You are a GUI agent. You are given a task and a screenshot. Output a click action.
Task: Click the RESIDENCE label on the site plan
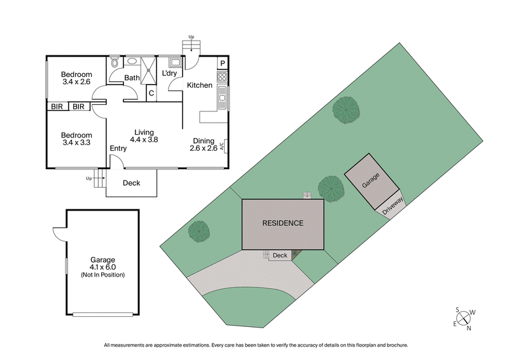283,223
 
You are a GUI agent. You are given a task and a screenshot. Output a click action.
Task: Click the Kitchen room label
199,85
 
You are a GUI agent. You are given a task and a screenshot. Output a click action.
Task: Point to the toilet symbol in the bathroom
114,63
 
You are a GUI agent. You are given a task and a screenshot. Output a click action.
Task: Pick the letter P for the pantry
222,63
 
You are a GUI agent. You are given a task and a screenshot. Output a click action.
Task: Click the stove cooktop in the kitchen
222,78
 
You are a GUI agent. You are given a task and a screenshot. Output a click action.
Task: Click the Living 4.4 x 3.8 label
144,136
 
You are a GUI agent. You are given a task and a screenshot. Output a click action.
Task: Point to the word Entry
118,149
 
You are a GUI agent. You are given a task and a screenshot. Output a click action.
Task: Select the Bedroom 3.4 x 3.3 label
76,139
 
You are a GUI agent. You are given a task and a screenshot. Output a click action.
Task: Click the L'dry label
169,74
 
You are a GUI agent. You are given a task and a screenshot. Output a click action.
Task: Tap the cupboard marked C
151,93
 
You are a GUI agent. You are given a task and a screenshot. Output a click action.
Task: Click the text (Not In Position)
102,275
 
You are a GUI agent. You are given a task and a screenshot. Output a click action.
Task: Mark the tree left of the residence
199,230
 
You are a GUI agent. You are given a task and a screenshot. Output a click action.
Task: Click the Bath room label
132,78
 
